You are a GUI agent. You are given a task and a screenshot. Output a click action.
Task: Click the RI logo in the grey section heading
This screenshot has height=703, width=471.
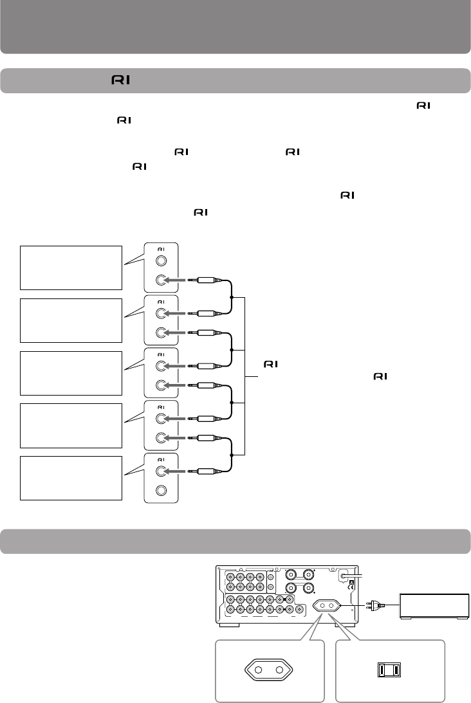(x=121, y=80)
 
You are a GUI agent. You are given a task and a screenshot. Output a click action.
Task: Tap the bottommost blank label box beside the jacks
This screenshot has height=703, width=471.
(x=71, y=478)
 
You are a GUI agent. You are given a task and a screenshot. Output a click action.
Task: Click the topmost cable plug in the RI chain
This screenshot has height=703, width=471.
(x=205, y=280)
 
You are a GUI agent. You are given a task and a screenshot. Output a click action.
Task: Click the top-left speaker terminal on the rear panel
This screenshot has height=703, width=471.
(x=292, y=572)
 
